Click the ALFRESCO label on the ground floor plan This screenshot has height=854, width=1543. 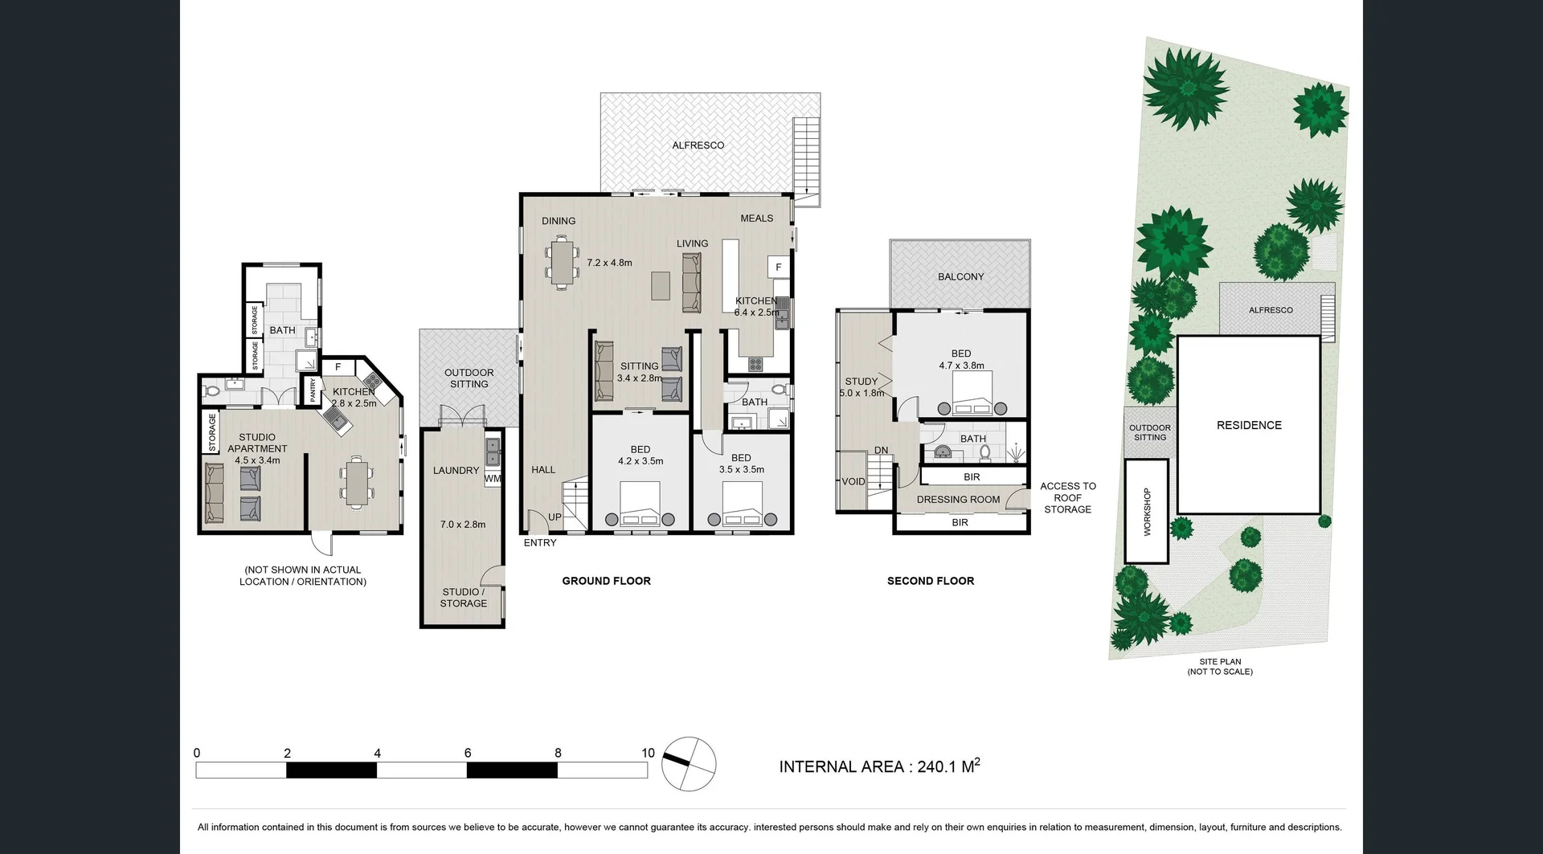(x=698, y=145)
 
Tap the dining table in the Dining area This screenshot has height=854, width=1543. (x=563, y=261)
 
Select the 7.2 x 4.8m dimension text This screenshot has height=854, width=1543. (x=609, y=263)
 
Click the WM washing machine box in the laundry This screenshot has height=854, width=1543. (x=493, y=479)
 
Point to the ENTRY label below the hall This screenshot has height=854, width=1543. (x=540, y=543)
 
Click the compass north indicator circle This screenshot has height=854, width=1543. (x=689, y=763)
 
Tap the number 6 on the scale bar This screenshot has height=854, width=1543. (x=467, y=754)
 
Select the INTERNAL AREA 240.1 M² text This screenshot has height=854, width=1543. (x=879, y=766)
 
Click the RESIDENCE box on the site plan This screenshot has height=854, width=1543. (x=1248, y=425)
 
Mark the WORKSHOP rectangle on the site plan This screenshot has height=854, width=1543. (x=1147, y=511)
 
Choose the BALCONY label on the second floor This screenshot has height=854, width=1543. (x=960, y=276)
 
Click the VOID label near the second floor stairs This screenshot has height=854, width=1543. (x=853, y=482)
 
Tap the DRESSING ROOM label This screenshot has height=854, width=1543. (x=958, y=500)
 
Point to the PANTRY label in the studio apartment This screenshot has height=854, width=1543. (x=313, y=390)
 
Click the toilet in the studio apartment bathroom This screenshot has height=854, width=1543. (x=211, y=391)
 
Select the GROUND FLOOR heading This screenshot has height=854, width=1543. (x=606, y=581)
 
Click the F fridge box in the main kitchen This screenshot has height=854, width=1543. (x=778, y=268)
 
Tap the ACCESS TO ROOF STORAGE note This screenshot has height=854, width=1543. (x=1067, y=497)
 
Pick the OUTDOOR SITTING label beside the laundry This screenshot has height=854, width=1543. (x=469, y=378)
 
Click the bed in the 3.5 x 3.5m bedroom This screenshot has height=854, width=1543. (x=742, y=505)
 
